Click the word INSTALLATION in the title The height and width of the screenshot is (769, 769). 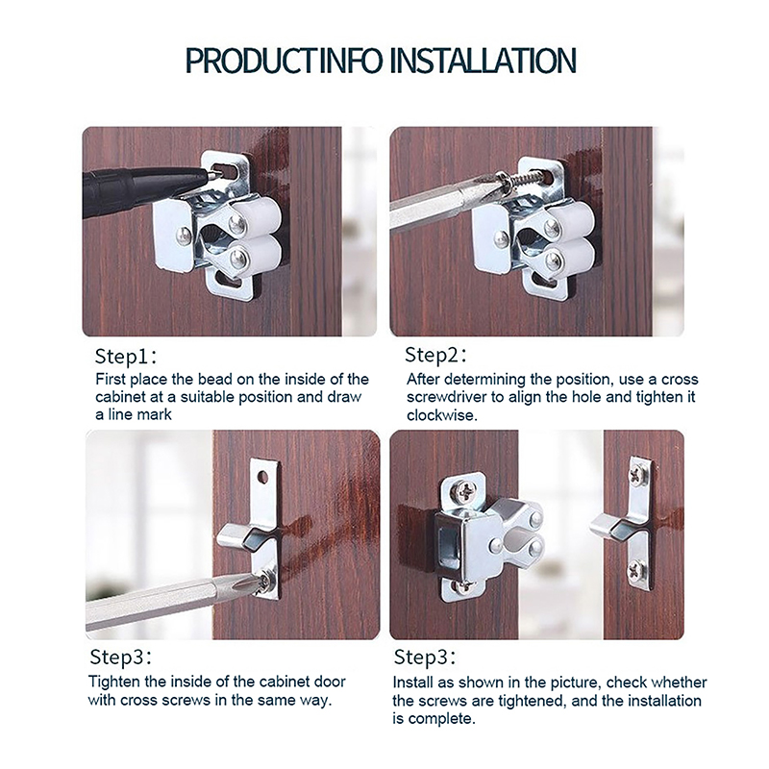pyautogui.click(x=484, y=61)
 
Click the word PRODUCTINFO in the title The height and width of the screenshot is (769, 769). pyautogui.click(x=284, y=61)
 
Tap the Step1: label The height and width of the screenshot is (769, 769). pyautogui.click(x=126, y=357)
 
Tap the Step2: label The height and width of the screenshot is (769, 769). pyautogui.click(x=436, y=355)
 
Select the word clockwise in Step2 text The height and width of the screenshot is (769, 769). pyautogui.click(x=441, y=415)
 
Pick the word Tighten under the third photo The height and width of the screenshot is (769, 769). pyautogui.click(x=114, y=682)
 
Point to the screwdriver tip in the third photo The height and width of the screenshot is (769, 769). pyautogui.click(x=260, y=582)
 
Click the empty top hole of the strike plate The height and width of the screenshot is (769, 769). pyautogui.click(x=262, y=476)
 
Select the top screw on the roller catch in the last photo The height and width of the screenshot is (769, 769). pyautogui.click(x=464, y=488)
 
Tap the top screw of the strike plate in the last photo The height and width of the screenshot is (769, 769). pyautogui.click(x=637, y=474)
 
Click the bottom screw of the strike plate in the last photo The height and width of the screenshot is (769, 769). pyautogui.click(x=637, y=569)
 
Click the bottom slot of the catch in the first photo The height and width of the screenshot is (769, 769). pyautogui.click(x=229, y=283)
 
